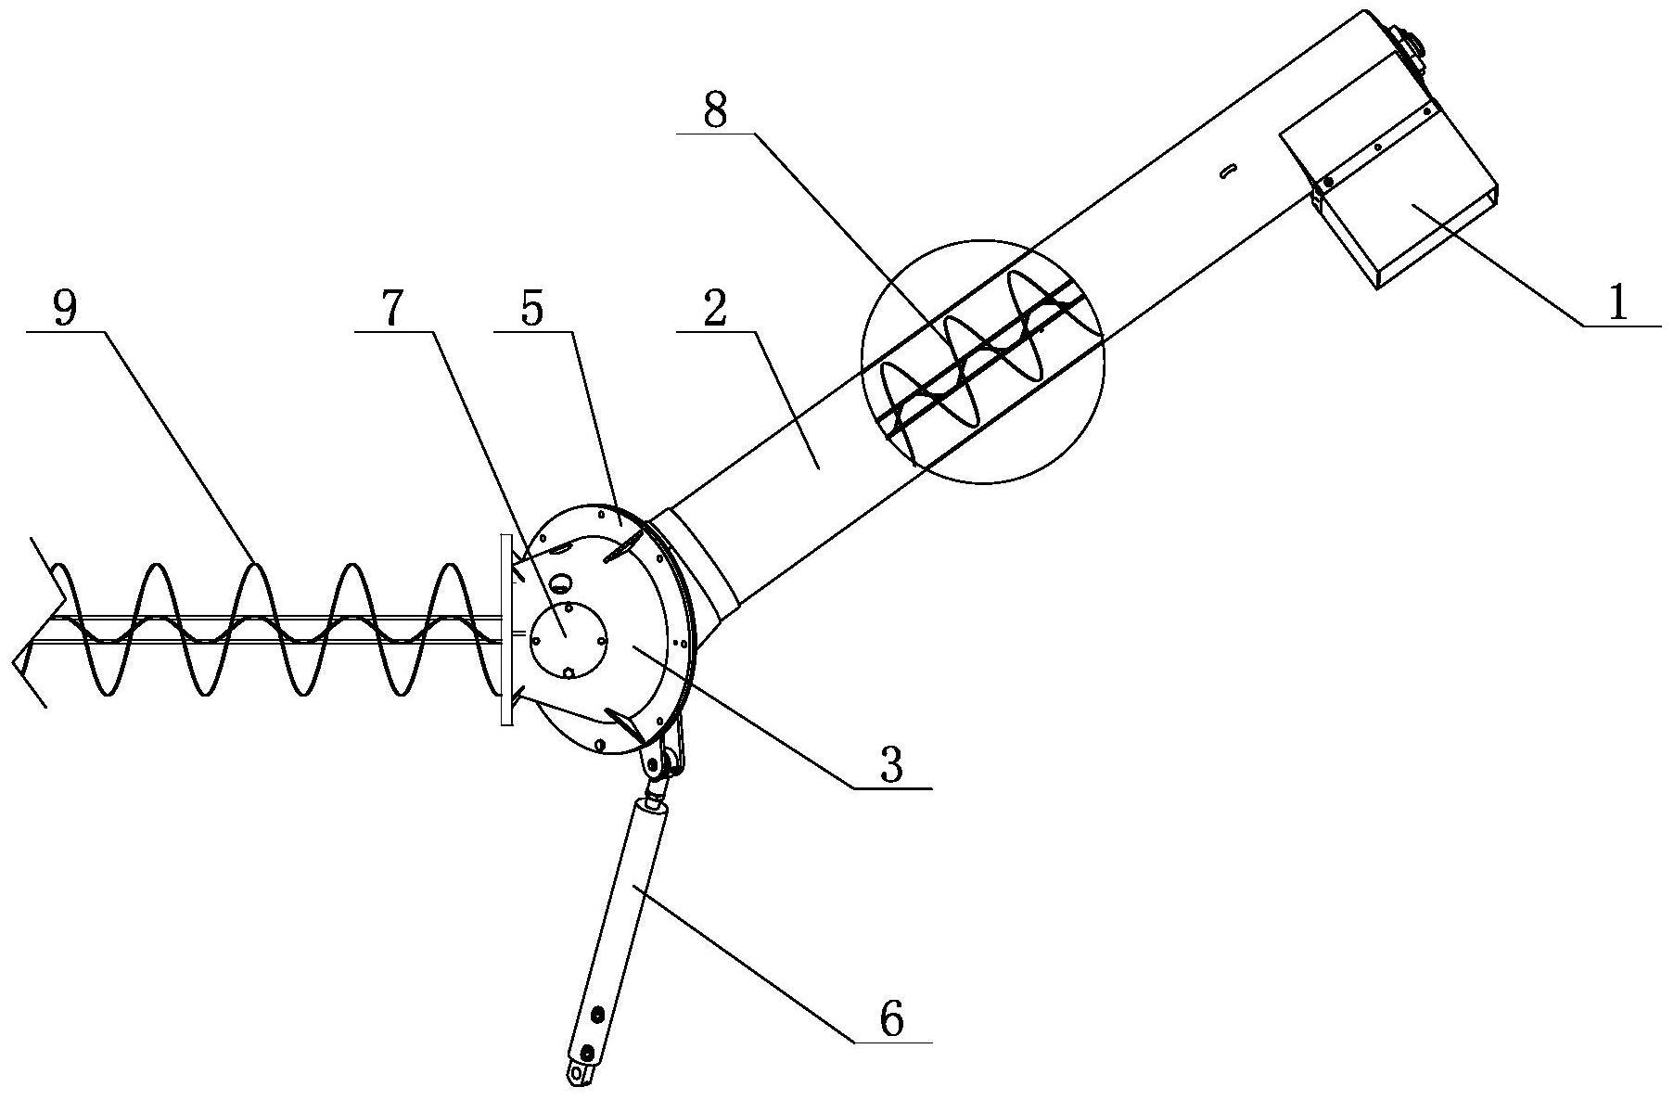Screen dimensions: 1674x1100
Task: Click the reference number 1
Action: click(x=1617, y=303)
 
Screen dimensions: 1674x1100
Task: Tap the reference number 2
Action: click(x=714, y=312)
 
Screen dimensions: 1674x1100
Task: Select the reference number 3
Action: click(x=891, y=765)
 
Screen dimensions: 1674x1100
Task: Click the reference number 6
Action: click(x=890, y=1019)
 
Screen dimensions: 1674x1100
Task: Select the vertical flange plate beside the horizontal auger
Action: click(x=505, y=630)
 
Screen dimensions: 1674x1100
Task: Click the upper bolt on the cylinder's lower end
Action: click(x=597, y=1014)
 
